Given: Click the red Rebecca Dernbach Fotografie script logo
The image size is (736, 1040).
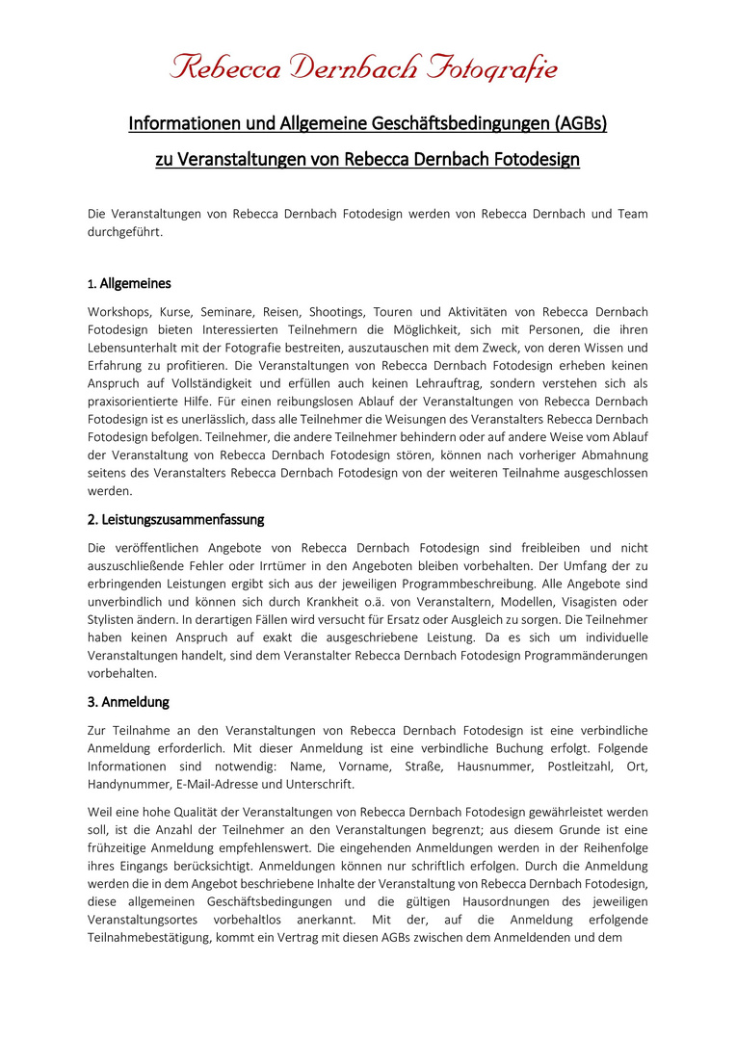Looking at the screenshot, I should (364, 68).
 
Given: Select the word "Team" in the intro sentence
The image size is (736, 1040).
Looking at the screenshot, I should (630, 213).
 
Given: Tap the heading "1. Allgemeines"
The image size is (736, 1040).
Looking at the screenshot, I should (130, 283).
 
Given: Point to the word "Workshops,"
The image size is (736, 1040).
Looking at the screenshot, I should (118, 312).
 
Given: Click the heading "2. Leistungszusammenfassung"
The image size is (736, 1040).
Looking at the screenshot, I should (175, 519).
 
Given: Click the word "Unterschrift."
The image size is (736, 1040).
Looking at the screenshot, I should (318, 785).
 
